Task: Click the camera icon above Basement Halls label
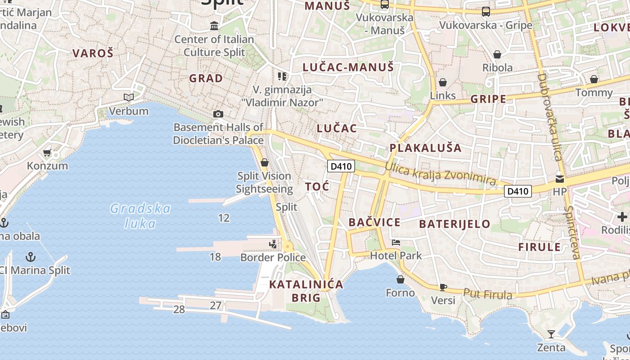218,114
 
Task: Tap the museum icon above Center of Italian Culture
214,26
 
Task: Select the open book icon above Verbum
129,97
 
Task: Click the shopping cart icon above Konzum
47,153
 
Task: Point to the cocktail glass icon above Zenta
551,334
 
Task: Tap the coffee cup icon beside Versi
443,287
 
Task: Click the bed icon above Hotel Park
396,243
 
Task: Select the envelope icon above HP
559,178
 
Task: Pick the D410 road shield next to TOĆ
341,166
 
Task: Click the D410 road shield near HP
517,191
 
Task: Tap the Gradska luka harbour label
140,216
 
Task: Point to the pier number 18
215,257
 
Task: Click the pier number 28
179,309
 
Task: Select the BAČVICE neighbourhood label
374,222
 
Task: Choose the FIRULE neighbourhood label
540,247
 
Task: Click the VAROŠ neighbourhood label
93,53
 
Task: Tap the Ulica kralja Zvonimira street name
440,173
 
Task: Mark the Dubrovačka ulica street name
550,117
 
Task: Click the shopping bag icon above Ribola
497,54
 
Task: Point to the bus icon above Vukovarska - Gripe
486,12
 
